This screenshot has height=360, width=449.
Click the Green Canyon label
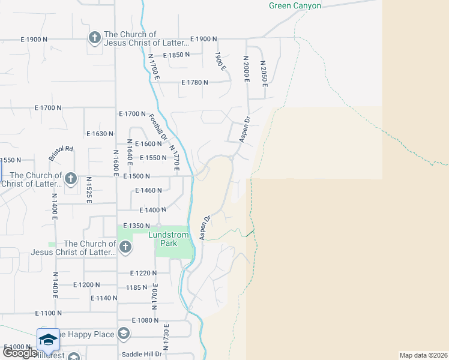(x=295, y=6)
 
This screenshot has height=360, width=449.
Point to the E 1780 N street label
(x=194, y=82)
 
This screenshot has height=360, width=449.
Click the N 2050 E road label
(x=264, y=71)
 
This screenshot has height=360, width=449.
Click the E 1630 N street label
(x=100, y=134)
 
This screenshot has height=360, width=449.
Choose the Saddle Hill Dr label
(x=142, y=354)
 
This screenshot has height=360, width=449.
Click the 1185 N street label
(x=137, y=287)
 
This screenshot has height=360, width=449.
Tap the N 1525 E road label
(x=89, y=190)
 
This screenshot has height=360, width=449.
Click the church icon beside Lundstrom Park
(x=125, y=247)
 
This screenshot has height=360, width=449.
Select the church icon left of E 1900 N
(x=94, y=38)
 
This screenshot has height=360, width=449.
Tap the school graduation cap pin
(x=48, y=339)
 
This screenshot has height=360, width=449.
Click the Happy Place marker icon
(x=123, y=334)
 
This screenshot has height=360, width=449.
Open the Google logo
(x=20, y=353)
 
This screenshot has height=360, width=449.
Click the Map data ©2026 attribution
(x=423, y=355)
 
